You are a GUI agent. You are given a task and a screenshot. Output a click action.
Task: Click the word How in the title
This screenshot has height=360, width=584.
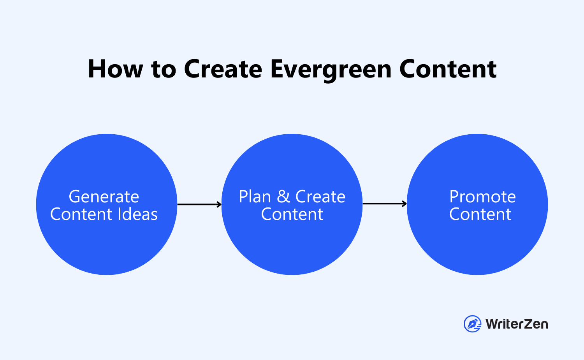coord(115,69)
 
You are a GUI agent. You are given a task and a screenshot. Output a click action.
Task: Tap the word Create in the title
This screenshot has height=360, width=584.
coord(223,69)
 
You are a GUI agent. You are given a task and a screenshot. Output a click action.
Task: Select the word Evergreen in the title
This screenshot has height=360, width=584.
coord(331,70)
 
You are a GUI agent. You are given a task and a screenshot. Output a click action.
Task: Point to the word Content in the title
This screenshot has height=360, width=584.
coord(448,69)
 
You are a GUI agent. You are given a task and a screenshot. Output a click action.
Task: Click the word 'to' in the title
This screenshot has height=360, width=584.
coord(164,69)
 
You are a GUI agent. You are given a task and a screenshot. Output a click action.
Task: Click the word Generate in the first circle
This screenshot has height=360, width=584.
coord(104,197)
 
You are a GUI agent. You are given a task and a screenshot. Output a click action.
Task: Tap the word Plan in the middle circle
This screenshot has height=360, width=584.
coord(255,197)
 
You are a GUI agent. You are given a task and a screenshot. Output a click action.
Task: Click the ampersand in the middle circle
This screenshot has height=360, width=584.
coord(283,197)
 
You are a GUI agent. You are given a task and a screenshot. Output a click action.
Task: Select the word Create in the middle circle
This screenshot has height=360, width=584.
coord(320,197)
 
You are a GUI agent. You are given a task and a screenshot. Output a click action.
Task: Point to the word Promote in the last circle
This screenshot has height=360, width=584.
coord(482,197)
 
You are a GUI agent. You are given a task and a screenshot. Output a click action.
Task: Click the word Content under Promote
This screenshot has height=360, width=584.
coord(480,214)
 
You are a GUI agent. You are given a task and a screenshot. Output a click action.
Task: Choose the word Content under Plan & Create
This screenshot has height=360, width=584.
coord(292,214)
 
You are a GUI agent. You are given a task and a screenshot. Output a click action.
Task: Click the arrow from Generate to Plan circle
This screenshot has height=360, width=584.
coord(199,204)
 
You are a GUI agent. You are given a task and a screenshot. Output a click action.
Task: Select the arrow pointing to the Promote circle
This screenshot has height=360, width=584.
coord(385,204)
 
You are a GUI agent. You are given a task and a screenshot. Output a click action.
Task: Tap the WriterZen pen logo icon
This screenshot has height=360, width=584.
coord(472,324)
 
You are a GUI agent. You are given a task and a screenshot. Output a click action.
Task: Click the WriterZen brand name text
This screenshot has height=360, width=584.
coord(517,324)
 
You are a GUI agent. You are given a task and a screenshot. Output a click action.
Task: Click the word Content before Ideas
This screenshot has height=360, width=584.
coord(81,214)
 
